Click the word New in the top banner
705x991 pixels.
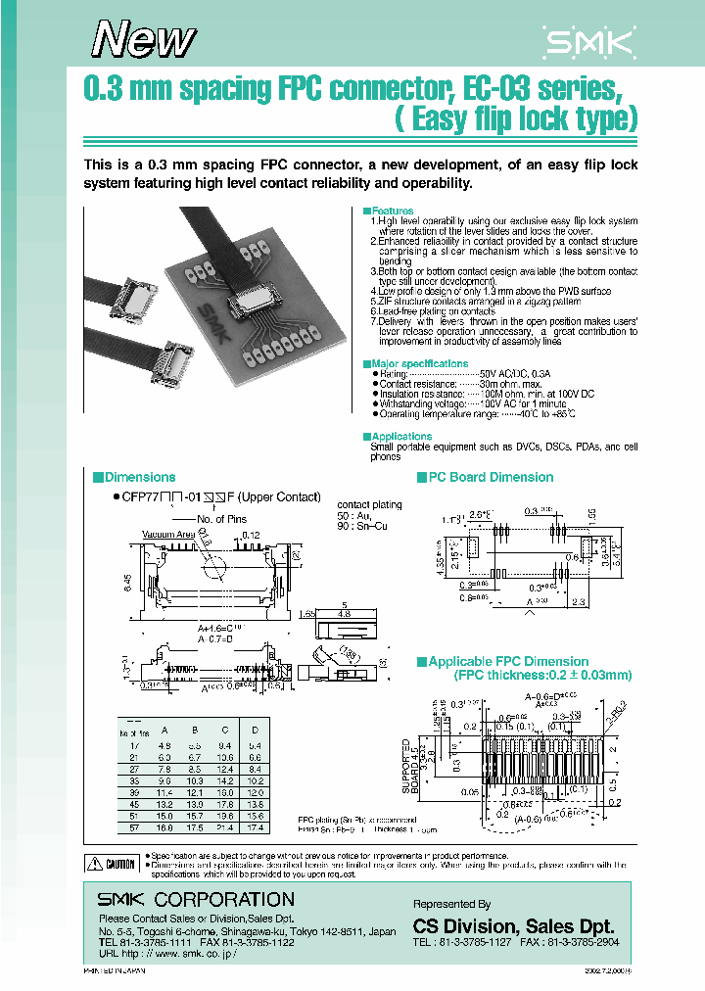coord(145,39)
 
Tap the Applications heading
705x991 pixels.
coord(401,436)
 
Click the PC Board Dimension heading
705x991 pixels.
coord(492,477)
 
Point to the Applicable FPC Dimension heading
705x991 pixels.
coord(508,662)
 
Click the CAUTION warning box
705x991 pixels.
coord(111,864)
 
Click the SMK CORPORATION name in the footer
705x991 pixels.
coord(196,899)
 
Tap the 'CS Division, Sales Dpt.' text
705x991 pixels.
coord(513,926)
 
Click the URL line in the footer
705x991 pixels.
coord(167,952)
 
